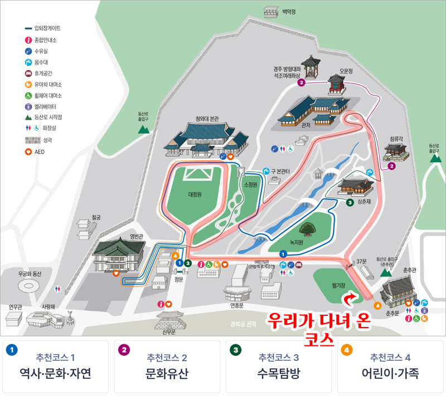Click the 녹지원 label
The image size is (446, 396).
click(x=295, y=242)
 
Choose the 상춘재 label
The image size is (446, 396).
click(x=364, y=202)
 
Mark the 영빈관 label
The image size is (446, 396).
click(x=137, y=236)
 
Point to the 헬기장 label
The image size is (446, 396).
click(x=338, y=285)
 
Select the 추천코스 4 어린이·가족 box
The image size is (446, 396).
click(x=390, y=366)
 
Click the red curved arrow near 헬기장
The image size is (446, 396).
click(x=349, y=301)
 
